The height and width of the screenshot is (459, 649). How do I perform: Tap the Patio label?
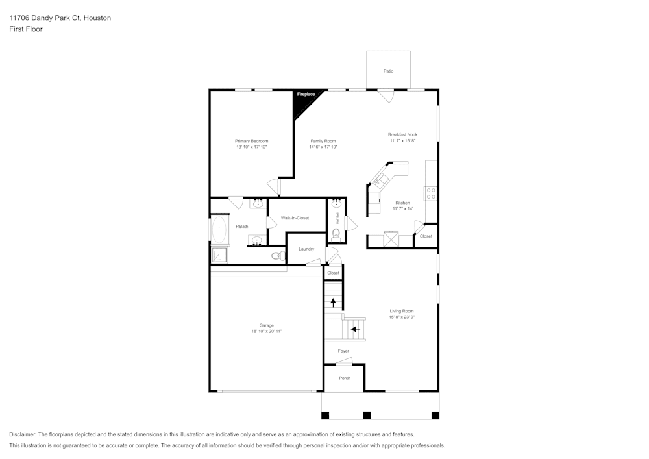[x=388, y=71]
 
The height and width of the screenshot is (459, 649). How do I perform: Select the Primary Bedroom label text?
[x=251, y=141]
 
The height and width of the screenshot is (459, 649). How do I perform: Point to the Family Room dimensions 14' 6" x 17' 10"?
[x=323, y=147]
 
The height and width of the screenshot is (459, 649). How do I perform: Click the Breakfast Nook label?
[x=402, y=134]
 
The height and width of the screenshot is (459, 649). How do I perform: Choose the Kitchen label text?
[x=402, y=203]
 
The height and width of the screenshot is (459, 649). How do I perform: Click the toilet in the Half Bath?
[x=336, y=234]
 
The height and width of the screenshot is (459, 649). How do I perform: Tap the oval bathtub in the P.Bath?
[x=219, y=229]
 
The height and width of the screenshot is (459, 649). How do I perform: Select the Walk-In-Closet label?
[x=295, y=218]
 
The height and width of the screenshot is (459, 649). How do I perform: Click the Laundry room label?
[x=306, y=249]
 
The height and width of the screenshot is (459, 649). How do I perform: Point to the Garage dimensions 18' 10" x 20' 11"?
[x=266, y=332]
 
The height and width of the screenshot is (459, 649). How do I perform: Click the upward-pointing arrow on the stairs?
[x=334, y=302]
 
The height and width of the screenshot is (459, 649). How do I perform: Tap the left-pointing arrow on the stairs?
[x=354, y=329]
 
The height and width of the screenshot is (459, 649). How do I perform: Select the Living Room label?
[x=402, y=311]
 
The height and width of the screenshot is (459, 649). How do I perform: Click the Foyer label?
[x=343, y=351]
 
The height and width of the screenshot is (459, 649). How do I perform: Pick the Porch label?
[x=345, y=378]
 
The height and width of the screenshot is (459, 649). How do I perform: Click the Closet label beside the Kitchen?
[x=426, y=236]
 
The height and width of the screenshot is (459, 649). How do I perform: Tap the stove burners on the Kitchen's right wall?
[x=430, y=193]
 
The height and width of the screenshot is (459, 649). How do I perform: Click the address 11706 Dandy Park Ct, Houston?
[x=60, y=18]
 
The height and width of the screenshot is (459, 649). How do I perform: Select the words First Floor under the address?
[x=26, y=29]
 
